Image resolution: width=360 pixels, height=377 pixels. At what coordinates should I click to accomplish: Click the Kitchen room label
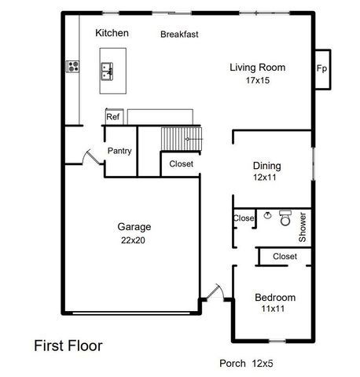tap(112, 33)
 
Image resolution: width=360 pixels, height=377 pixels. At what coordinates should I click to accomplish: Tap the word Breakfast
tap(179, 35)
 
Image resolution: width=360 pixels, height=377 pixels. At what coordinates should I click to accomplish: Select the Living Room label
tap(257, 68)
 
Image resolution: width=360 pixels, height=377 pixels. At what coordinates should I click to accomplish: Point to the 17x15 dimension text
tap(257, 80)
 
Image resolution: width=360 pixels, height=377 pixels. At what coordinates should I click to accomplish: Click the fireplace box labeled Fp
tap(321, 68)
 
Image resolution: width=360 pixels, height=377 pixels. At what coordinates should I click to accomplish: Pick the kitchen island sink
tap(108, 72)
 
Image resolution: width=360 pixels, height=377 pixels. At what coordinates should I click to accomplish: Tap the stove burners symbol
tap(74, 67)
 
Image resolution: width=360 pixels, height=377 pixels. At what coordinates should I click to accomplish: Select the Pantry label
tap(119, 152)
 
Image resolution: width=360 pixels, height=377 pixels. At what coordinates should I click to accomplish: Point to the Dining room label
tap(266, 166)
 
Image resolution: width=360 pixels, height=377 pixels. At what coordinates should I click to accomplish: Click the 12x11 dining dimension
tap(266, 178)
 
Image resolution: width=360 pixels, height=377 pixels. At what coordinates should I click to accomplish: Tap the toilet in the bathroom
tap(285, 216)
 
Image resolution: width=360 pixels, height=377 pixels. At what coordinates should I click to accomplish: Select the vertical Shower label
tap(303, 226)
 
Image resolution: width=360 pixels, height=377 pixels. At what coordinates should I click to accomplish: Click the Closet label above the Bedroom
tap(285, 256)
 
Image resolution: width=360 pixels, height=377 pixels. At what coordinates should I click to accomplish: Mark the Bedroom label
tap(275, 297)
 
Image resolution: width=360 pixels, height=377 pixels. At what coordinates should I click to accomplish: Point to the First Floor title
tap(68, 345)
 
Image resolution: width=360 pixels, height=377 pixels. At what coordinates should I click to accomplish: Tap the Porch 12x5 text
tap(244, 364)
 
